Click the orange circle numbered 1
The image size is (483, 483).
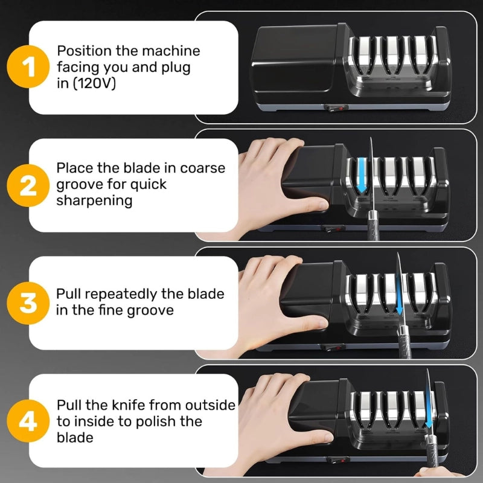point(28,66)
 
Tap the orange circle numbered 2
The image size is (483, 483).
point(28,185)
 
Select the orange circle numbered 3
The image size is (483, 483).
point(28,303)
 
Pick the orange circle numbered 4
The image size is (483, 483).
point(28,421)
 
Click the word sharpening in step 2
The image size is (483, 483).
point(94,201)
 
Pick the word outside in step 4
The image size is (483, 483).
point(210,405)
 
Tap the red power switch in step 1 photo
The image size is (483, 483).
point(336,108)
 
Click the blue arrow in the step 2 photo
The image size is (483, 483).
point(362,175)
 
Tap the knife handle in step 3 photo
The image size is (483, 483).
point(404,342)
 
